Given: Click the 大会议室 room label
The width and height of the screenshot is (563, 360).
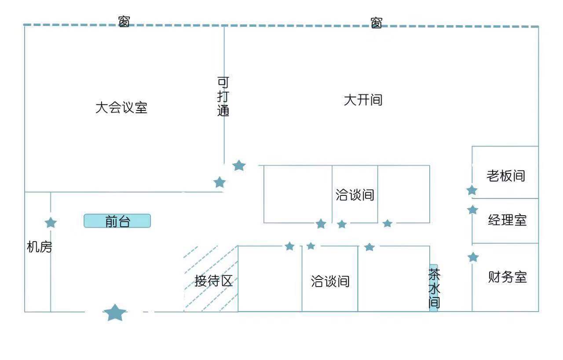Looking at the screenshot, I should click(x=121, y=108).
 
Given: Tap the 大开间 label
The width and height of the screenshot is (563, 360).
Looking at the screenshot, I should click(x=363, y=100).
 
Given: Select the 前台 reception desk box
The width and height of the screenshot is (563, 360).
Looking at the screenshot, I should click(x=117, y=221).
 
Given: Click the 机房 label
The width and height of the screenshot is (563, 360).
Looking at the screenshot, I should click(x=40, y=247).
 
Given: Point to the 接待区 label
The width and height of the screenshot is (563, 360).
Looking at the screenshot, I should click(x=213, y=281).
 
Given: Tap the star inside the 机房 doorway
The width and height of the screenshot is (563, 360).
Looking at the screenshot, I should click(x=51, y=223).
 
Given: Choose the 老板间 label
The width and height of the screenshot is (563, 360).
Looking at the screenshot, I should click(x=506, y=176).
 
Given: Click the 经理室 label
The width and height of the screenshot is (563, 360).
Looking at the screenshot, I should click(x=507, y=220).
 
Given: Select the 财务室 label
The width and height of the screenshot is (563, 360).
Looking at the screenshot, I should click(x=507, y=277).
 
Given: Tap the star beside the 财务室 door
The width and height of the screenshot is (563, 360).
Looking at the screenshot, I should click(x=473, y=257).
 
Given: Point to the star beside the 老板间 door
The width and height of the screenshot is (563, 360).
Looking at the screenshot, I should click(x=472, y=191).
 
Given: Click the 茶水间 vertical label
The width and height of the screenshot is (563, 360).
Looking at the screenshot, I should click(x=434, y=288).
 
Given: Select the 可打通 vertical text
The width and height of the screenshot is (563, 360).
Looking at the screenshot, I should click(x=223, y=96).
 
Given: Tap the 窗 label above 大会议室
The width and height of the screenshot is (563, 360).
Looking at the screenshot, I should click(x=124, y=21).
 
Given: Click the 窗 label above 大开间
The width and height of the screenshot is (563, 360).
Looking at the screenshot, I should click(x=376, y=23).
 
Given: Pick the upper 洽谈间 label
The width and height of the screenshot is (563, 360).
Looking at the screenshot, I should click(x=355, y=195).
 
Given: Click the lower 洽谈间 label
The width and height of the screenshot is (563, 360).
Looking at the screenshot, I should click(x=330, y=281).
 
